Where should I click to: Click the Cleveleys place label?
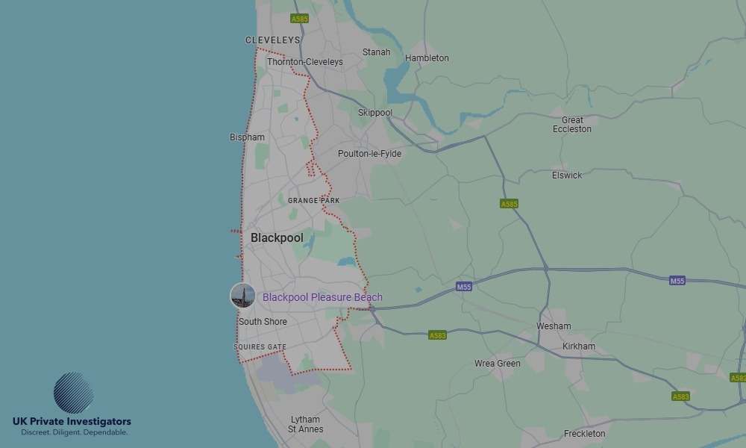tap(272, 40)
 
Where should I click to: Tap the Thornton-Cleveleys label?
tap(305, 62)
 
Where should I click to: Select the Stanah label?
tap(376, 52)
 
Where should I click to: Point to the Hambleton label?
tap(427, 58)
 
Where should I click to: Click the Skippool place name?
tap(375, 113)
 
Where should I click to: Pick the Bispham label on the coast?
tap(247, 137)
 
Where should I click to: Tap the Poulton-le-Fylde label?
tap(369, 154)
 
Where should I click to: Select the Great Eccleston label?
tap(572, 125)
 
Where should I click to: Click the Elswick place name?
tap(567, 175)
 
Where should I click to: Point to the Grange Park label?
tap(313, 201)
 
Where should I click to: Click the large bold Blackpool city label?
tap(277, 237)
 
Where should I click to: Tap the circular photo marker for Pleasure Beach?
tap(242, 296)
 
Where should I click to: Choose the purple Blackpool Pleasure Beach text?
tap(322, 297)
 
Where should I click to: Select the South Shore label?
tap(263, 322)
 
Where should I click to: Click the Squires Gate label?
tap(260, 347)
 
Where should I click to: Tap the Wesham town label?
tap(554, 326)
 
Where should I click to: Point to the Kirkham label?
tap(580, 346)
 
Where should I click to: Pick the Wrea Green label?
tap(498, 364)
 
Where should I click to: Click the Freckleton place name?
tap(585, 433)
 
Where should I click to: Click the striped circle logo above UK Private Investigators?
tap(73, 393)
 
